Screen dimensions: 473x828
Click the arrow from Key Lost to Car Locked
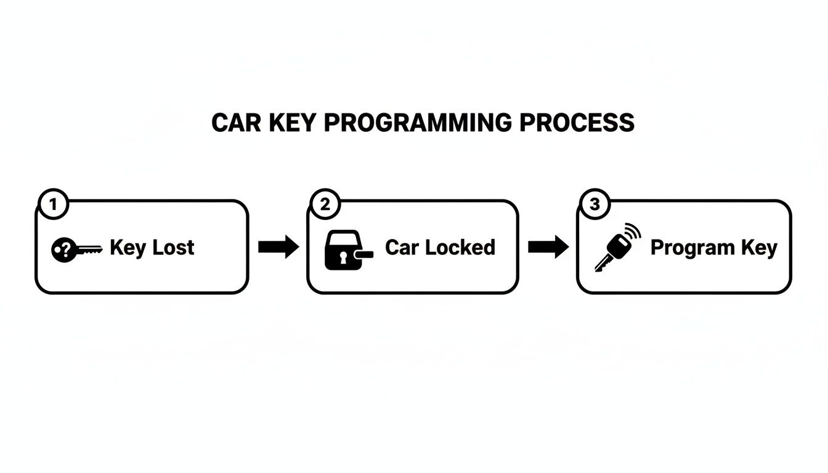point(278,247)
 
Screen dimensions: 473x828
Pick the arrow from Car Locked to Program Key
point(548,247)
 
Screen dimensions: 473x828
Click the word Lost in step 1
point(173,248)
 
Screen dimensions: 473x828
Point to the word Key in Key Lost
point(128,248)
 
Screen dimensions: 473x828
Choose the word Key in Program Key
point(761,248)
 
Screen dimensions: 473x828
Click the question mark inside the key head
point(60,249)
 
